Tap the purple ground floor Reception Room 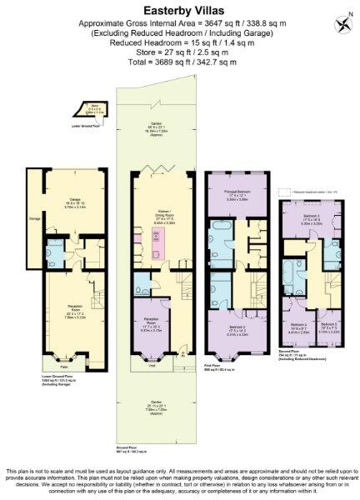pyautogui.click(x=152, y=325)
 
